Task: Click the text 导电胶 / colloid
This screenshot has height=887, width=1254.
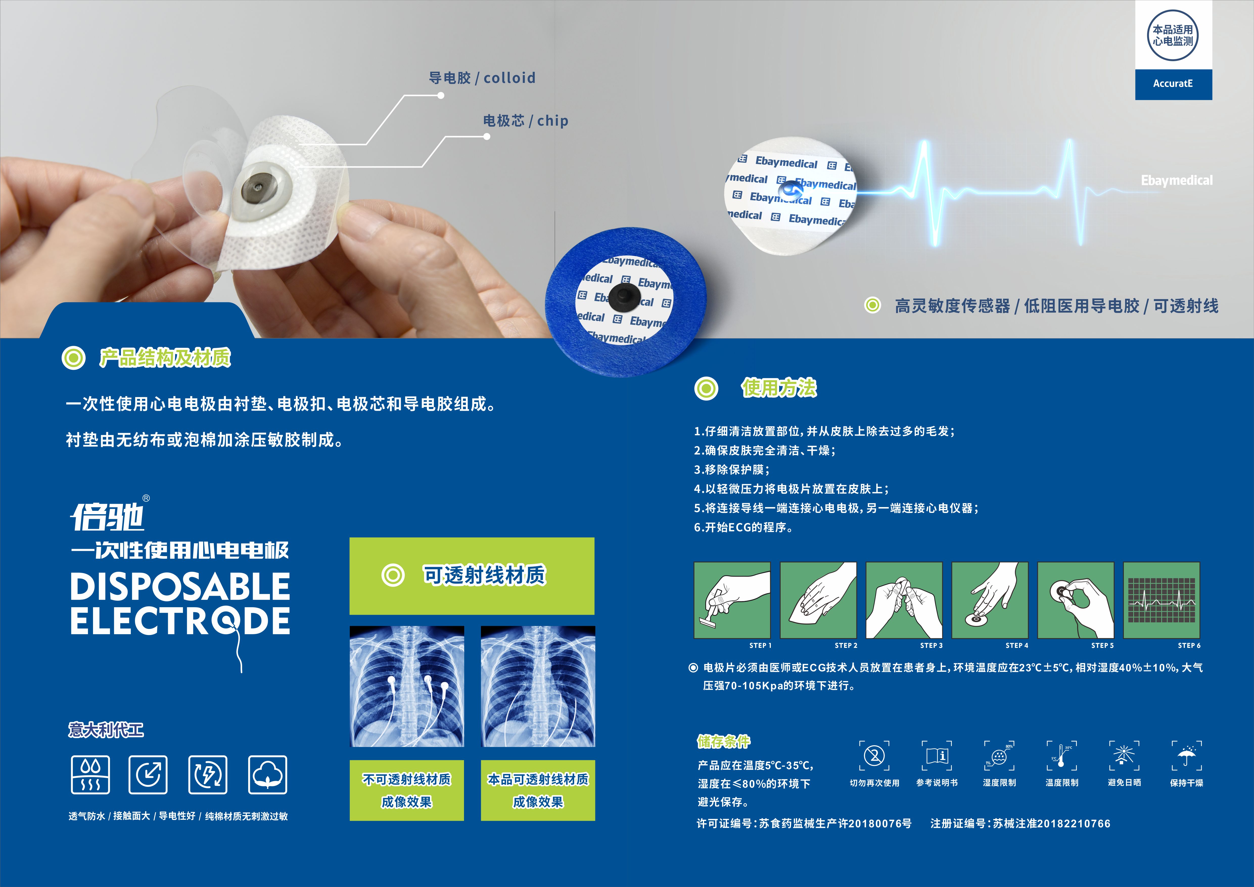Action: [x=482, y=78]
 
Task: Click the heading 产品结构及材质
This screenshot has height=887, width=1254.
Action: [x=165, y=358]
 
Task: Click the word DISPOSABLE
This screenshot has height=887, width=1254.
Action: [x=180, y=587]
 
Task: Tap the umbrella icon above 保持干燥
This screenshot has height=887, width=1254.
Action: [x=1186, y=756]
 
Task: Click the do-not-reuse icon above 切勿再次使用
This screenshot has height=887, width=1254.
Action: [x=874, y=756]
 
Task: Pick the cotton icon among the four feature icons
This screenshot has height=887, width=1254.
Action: [x=267, y=775]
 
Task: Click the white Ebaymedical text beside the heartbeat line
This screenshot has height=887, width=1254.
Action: [x=1176, y=181]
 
